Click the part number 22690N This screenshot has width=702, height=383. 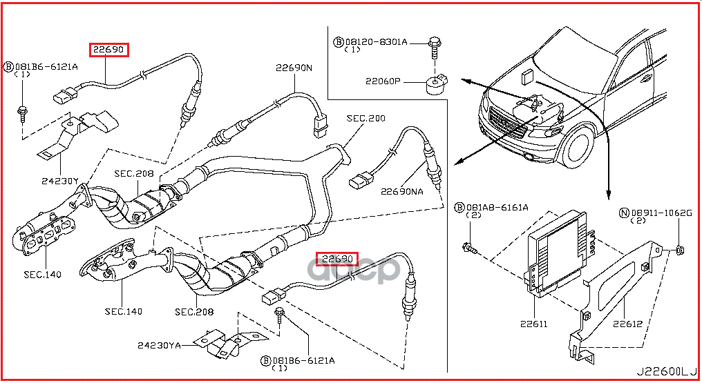click(x=294, y=68)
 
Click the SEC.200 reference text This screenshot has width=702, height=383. click(x=366, y=119)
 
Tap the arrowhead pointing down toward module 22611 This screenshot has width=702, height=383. click(x=609, y=194)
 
